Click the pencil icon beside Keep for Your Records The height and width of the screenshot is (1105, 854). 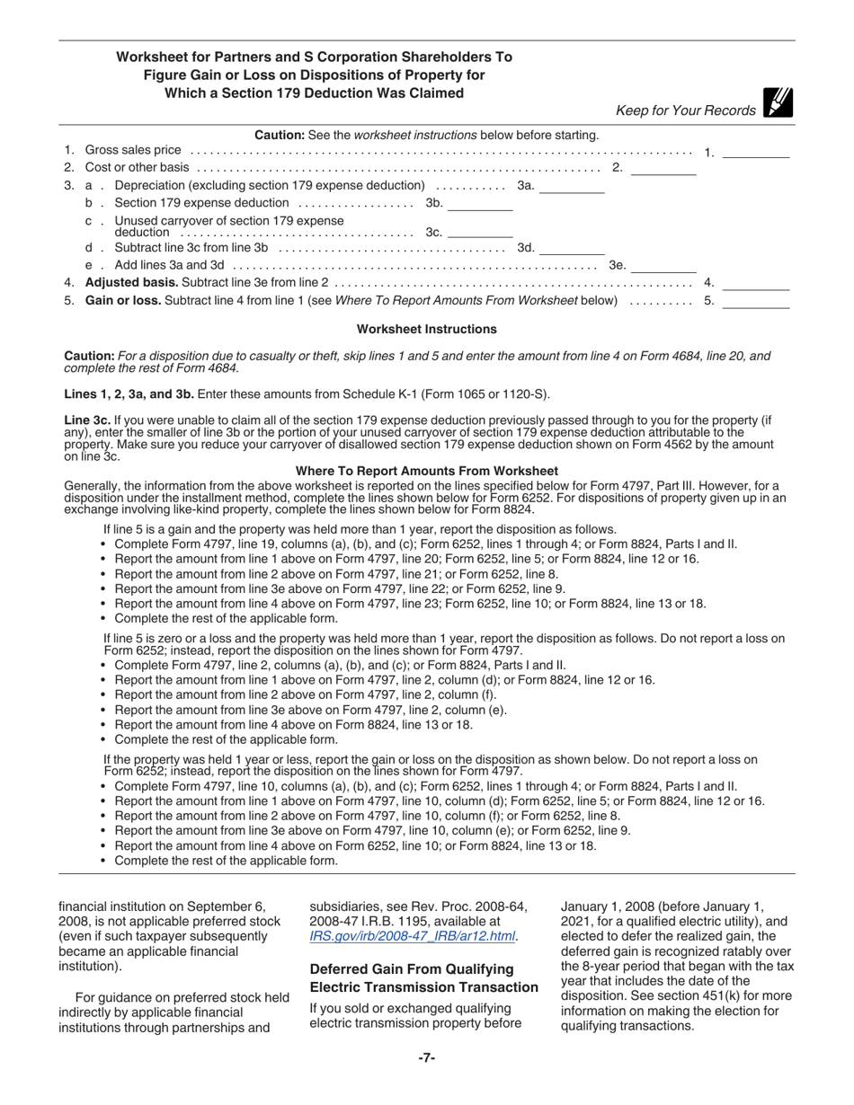point(778,104)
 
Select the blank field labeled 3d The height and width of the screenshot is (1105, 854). point(572,248)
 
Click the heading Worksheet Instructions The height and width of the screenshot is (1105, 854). point(427,330)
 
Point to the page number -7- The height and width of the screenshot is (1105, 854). point(427,1058)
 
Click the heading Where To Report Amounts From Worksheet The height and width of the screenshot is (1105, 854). point(427,471)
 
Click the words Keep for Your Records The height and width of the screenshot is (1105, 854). point(685,110)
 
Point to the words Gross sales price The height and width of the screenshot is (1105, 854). point(133,150)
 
